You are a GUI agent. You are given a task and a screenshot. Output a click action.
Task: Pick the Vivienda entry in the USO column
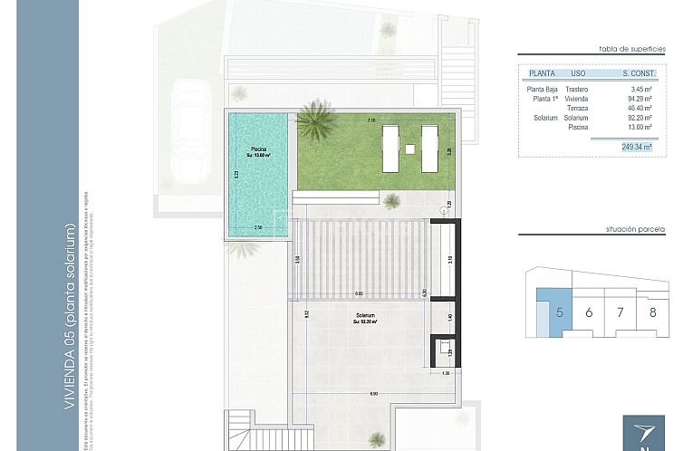(576, 99)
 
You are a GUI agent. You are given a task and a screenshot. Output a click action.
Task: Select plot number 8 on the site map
(653, 313)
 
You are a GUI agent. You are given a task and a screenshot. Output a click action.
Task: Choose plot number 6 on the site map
(589, 313)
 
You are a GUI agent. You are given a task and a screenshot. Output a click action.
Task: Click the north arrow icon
(643, 433)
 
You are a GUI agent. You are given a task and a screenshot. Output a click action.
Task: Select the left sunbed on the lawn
(391, 148)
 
